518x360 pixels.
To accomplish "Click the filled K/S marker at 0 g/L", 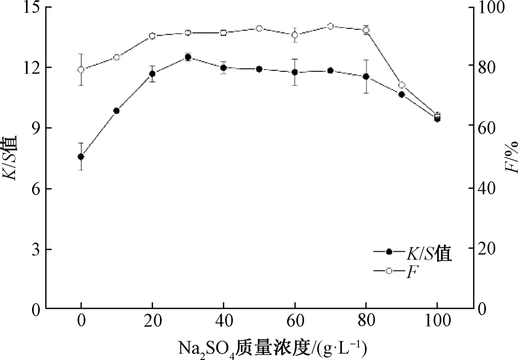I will [81, 156].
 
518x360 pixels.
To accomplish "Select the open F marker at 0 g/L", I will [81, 70].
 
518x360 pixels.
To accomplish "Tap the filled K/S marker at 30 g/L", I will [188, 57].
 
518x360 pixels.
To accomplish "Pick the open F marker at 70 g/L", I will [330, 26].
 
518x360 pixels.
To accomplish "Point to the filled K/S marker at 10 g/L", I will [117, 111].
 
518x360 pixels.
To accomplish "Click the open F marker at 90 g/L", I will [401, 85].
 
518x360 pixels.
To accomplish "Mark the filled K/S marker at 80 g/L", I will [366, 77].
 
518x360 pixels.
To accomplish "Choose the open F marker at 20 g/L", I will [152, 36].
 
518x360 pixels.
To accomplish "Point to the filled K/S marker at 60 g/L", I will [295, 73].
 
